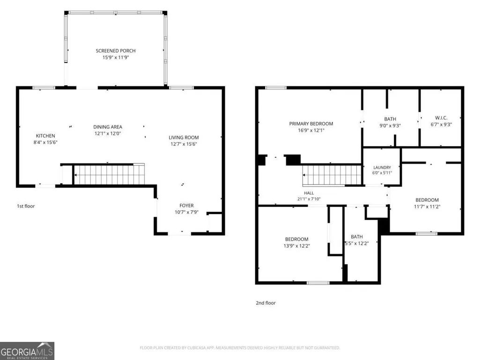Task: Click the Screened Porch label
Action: [115, 51]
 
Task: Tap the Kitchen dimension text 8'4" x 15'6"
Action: [45, 142]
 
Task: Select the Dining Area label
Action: [108, 127]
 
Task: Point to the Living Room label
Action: [184, 138]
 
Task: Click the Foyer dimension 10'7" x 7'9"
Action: [186, 212]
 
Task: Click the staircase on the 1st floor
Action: [109, 175]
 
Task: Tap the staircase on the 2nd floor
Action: [332, 175]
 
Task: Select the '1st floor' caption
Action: [26, 206]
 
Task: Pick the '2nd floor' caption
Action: [266, 303]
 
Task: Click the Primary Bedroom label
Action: [311, 124]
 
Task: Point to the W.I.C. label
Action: [441, 118]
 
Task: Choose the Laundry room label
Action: [382, 168]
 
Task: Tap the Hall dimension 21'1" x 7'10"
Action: [309, 199]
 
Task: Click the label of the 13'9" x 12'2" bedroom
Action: [296, 239]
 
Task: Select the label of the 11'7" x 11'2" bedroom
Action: [427, 200]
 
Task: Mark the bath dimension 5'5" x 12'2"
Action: [357, 244]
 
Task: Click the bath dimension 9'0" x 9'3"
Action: [390, 125]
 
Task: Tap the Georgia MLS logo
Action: [27, 351]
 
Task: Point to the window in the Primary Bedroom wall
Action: [276, 88]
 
